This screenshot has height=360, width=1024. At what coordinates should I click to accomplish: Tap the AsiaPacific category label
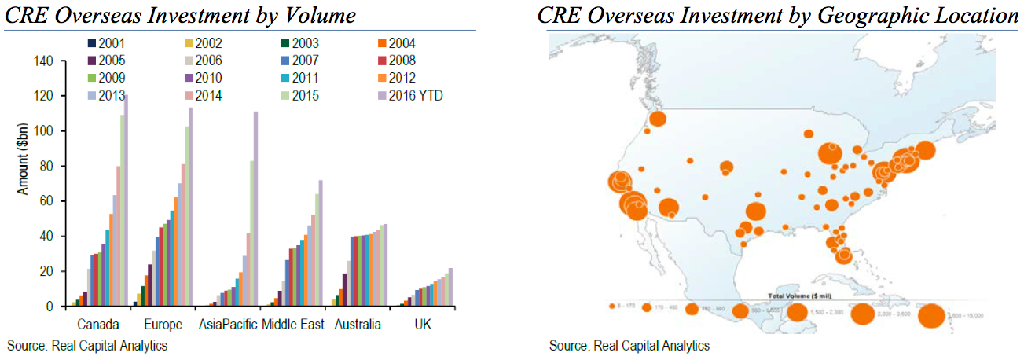point(228,325)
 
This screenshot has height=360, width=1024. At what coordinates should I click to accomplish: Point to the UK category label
point(424,325)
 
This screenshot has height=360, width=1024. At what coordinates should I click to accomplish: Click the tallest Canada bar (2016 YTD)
point(125,200)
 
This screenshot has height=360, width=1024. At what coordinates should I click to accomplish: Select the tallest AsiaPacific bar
point(255,208)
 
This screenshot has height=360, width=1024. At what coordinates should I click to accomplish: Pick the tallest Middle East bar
point(321,243)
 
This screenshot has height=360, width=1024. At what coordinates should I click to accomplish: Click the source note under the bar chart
point(87,345)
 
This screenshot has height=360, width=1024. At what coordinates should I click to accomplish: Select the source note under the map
point(629,345)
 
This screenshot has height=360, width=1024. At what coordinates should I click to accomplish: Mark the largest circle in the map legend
point(931,315)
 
